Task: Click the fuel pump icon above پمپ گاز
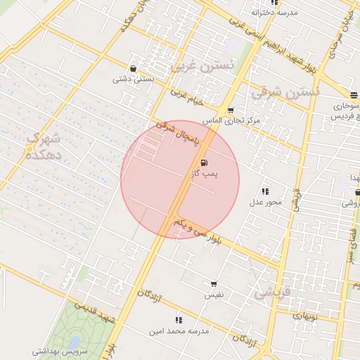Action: pos(204,162)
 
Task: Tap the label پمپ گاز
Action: pos(205,172)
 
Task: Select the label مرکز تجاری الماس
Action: pos(231,120)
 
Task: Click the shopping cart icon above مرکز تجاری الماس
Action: pos(231,110)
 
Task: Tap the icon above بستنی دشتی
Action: pos(134,69)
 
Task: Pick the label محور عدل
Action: pos(265,202)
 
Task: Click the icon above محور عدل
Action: pos(265,191)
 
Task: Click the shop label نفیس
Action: pos(214,295)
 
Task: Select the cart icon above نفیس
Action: pos(214,284)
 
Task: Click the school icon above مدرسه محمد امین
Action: pos(178,320)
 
